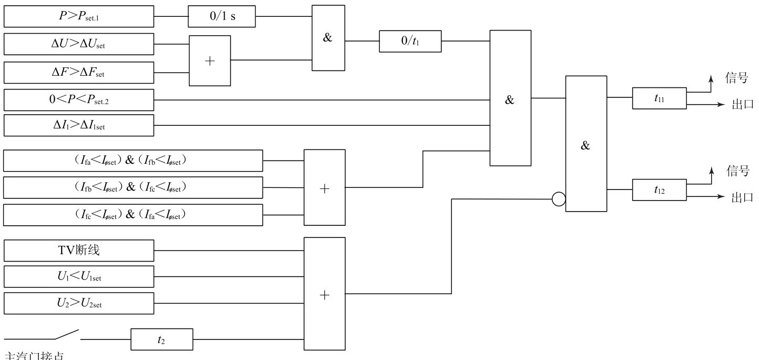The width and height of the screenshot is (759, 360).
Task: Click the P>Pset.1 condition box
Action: pos(79,16)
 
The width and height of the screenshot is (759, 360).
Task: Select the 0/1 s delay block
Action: pos(222,16)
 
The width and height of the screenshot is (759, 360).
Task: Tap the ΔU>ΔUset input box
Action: pos(79,44)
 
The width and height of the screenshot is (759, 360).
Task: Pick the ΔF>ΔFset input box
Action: pos(79,73)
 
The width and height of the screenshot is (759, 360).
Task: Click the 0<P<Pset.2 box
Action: pos(79,100)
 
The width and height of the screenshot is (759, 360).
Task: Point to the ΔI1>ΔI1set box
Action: pos(79,125)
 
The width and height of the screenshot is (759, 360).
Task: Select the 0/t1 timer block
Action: pos(410,42)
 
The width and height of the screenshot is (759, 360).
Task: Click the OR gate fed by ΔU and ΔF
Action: pos(210,61)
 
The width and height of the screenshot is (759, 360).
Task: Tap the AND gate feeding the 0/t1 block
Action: pos(328,38)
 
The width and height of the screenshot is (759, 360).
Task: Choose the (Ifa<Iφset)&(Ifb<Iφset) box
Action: pos(133,161)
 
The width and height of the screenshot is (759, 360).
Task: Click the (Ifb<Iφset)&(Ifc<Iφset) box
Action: pos(133,187)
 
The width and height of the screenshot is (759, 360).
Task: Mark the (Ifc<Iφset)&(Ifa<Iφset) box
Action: pos(133,215)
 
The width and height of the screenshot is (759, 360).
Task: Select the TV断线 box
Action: pos(79,251)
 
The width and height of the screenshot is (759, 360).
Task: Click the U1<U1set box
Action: pos(79,276)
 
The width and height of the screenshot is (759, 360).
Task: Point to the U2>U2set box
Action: pos(79,303)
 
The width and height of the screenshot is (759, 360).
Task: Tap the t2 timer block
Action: pos(161,339)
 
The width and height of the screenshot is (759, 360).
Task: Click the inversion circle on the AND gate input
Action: pos(559,199)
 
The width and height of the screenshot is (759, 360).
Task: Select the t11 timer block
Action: pos(659,98)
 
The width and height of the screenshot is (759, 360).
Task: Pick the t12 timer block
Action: pos(659,190)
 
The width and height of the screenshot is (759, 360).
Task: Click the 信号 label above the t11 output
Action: pos(736,78)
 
